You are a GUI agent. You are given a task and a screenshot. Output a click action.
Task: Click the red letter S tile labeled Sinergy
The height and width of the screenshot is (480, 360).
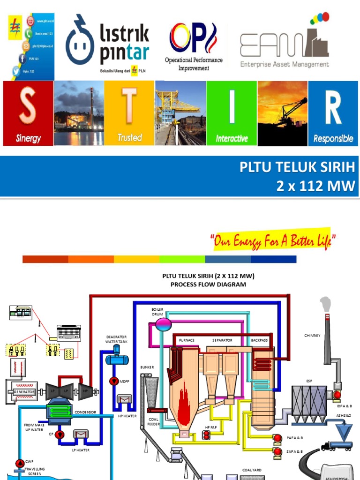(28, 113)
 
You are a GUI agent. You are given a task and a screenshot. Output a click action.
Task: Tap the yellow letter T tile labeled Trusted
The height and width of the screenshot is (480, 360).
(129, 113)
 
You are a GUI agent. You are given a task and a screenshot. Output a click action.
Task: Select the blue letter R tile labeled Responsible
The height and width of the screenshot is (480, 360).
(333, 113)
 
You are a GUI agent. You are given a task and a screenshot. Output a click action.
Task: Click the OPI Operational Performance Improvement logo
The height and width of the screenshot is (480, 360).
(193, 47)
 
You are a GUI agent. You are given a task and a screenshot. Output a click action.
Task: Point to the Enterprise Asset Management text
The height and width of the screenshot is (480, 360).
(285, 65)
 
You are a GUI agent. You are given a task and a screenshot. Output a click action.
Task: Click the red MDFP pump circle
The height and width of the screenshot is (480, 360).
(113, 381)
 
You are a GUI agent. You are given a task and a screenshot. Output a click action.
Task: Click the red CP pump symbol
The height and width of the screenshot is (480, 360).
(60, 435)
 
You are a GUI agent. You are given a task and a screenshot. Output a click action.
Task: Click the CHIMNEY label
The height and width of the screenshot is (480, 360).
(312, 336)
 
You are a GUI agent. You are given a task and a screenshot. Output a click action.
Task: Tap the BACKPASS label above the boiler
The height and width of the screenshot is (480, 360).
(259, 340)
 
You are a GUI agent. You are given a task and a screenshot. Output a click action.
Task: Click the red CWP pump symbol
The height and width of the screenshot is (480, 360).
(19, 463)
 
